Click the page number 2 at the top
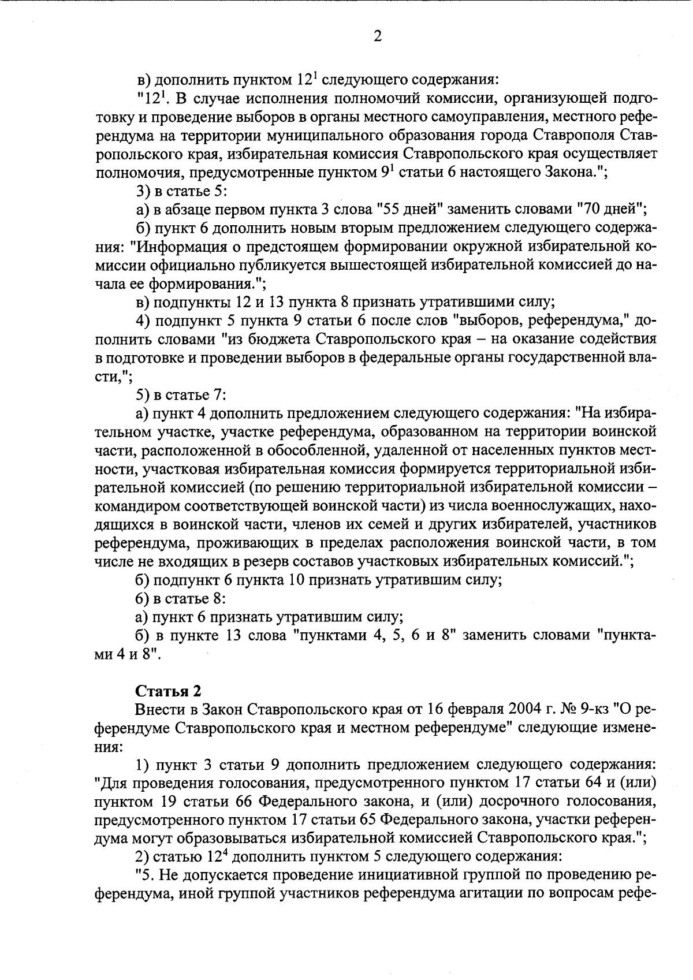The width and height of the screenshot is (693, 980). [x=377, y=36]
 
